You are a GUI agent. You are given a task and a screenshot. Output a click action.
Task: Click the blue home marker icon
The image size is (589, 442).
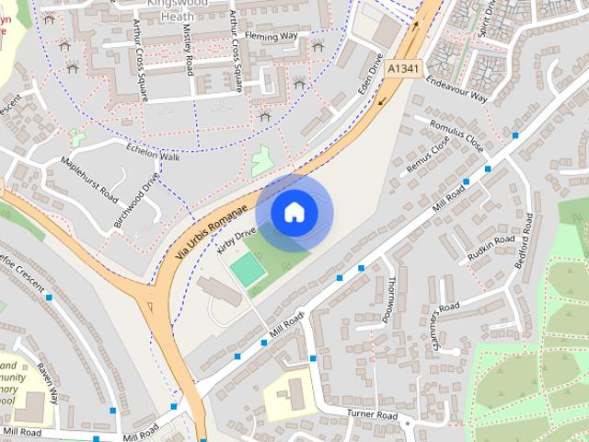coord(294,212)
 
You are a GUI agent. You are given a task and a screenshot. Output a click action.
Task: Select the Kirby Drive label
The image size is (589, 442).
coord(235,241)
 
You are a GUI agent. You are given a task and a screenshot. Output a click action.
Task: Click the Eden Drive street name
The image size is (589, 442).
coord(370,81)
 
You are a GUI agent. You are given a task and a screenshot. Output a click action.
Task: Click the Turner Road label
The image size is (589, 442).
coord(373,416)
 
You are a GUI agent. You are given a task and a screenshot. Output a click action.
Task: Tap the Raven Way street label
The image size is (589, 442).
coord(48,382)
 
